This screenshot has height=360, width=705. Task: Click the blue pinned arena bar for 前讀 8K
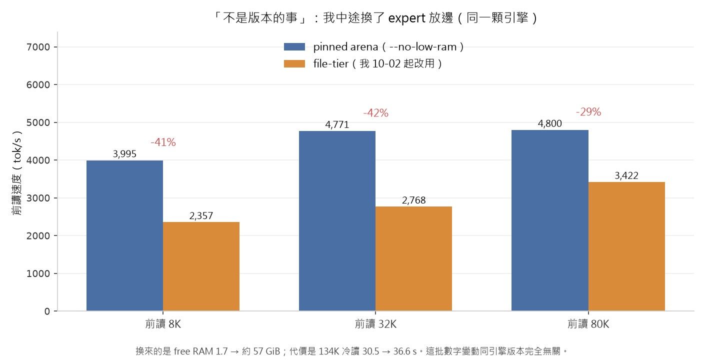[x=124, y=235]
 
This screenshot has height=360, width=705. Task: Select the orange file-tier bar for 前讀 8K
[x=201, y=266]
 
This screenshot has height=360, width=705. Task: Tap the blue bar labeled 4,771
[x=337, y=221]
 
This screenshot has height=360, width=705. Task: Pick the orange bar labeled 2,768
[x=413, y=258]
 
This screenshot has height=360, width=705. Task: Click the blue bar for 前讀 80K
[x=550, y=220]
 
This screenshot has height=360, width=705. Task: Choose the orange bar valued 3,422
[x=626, y=246]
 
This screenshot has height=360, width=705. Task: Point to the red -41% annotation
[x=163, y=142]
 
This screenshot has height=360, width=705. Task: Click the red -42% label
[x=376, y=113]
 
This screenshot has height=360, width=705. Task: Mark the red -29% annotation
[x=588, y=111]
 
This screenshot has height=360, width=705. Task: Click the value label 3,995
[x=124, y=154]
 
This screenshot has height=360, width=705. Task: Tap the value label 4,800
[x=550, y=123]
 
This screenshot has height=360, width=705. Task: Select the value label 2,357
[x=201, y=215]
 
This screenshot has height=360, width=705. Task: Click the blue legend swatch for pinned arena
[x=294, y=47]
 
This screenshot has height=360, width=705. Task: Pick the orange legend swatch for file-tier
[x=294, y=64]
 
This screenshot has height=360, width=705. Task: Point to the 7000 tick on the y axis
[x=38, y=47]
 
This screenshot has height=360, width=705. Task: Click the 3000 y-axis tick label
[x=38, y=198]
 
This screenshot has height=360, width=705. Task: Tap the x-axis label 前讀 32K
[x=375, y=324]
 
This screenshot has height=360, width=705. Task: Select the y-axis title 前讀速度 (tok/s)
[x=17, y=173]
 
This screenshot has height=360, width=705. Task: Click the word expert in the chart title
[x=406, y=18]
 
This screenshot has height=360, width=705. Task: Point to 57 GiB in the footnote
[x=266, y=351]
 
